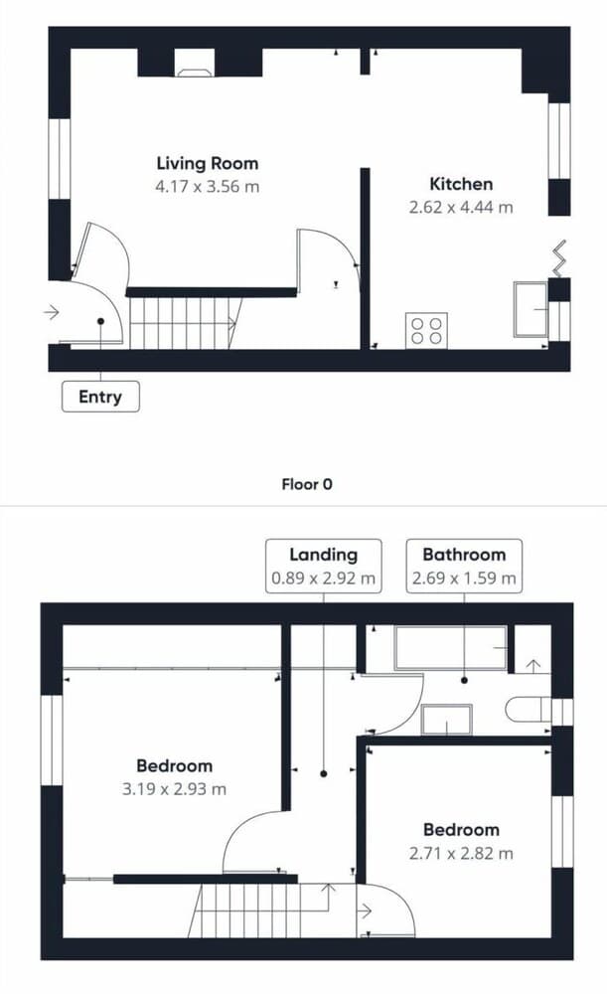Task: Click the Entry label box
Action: [100, 397]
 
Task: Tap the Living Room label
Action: [208, 164]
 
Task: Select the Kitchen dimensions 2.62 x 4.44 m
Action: [461, 208]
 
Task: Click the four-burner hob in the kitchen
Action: [426, 330]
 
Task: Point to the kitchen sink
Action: [531, 309]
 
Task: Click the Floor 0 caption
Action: [307, 484]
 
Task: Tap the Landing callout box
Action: [323, 567]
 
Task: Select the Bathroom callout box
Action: [464, 567]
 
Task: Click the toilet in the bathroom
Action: [529, 710]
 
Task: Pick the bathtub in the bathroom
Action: [451, 648]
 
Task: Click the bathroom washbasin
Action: [447, 720]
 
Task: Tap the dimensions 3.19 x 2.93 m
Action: [174, 789]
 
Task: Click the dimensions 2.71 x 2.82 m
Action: [461, 853]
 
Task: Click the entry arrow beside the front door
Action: [52, 312]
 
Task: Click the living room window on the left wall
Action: [60, 158]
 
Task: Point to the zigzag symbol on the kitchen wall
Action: [559, 258]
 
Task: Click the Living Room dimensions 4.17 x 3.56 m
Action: [208, 187]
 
